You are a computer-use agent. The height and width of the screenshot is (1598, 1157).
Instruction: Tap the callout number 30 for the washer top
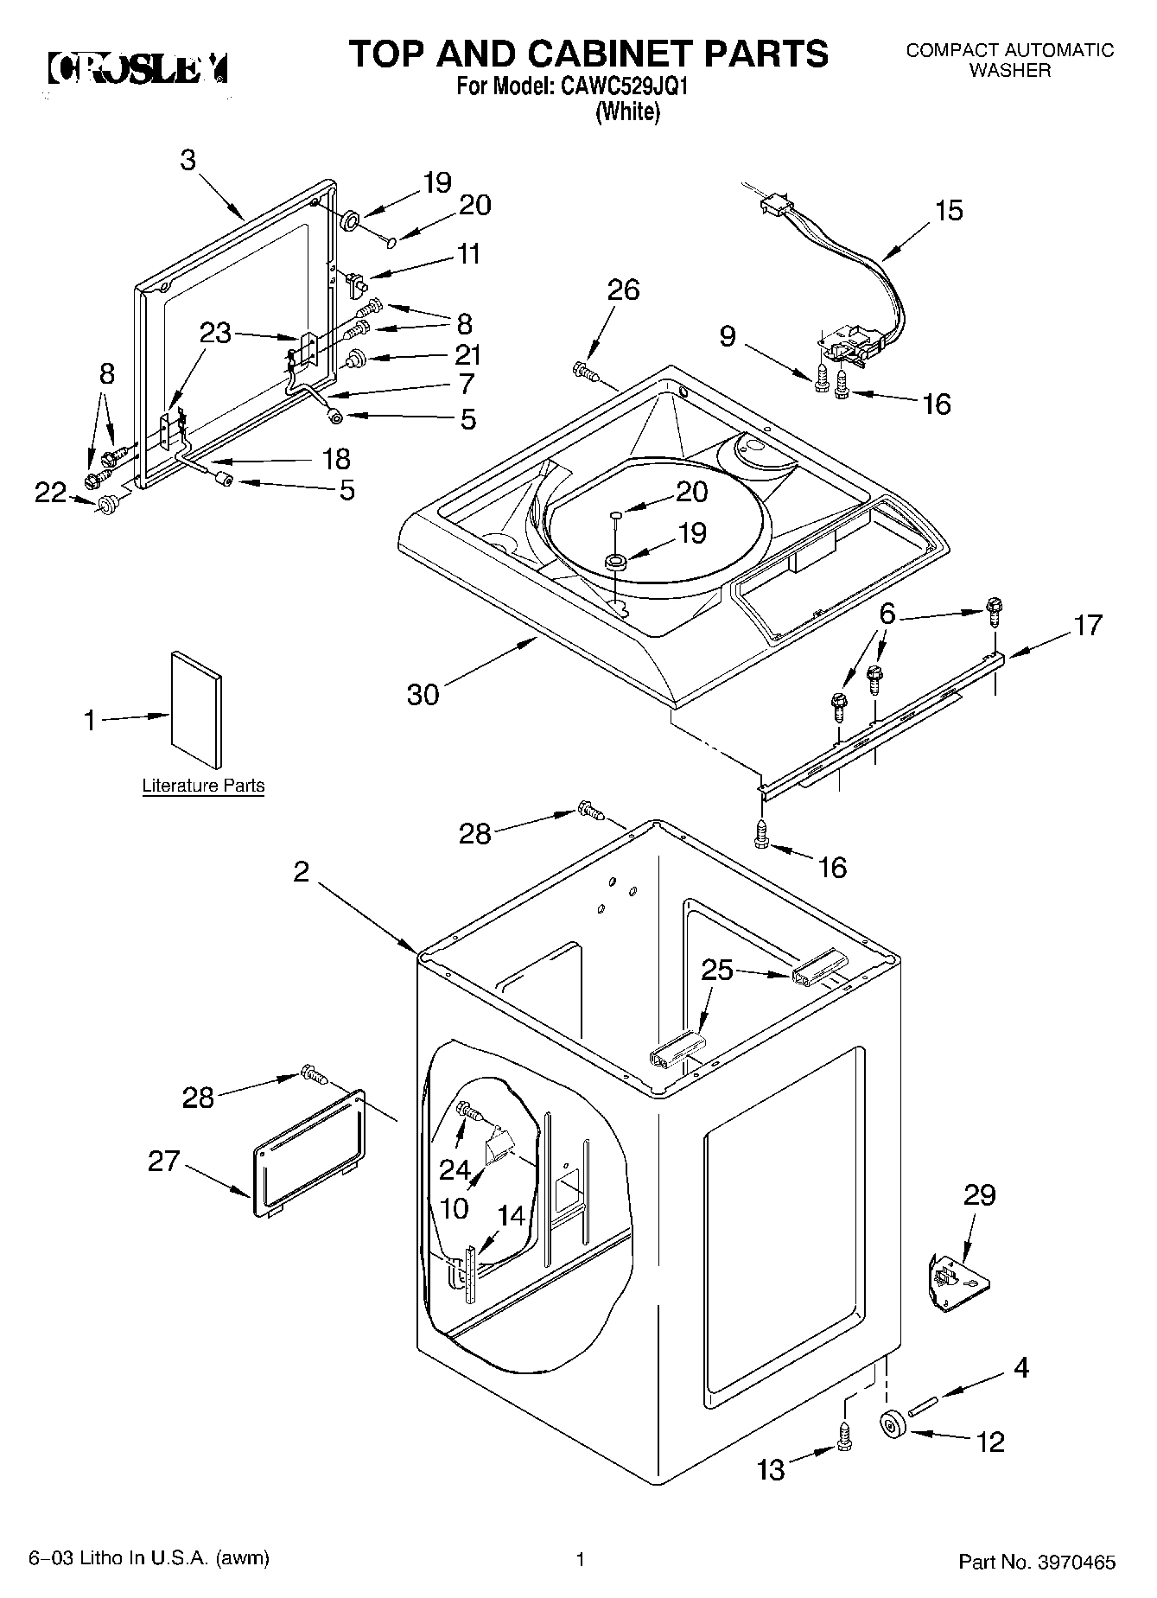pos(423,694)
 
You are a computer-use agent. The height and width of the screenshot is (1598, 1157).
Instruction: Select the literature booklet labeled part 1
pos(196,710)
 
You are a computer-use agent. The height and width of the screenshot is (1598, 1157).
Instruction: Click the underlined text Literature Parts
pos(203,786)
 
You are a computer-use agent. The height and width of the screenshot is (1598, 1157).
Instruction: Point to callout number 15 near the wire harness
pos(948,211)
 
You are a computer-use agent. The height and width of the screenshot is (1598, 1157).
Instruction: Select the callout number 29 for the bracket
pos(980,1195)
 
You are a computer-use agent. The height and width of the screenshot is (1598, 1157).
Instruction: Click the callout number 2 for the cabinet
pos(300,872)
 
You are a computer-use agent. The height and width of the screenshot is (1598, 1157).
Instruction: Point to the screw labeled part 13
pos(845,1438)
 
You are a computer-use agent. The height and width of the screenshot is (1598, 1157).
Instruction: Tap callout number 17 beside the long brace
pos(1088,625)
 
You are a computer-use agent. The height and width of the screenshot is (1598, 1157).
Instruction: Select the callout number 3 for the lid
pos(188,160)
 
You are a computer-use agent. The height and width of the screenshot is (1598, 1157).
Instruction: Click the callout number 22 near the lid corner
pos(50,493)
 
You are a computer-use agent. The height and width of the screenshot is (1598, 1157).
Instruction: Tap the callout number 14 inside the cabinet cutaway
pos(512,1216)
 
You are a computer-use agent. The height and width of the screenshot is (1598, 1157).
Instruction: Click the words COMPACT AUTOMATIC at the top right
pos(1009,50)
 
